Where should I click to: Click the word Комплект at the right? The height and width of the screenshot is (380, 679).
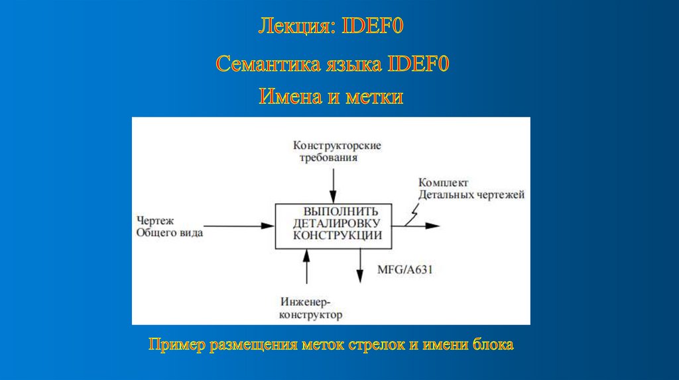click(443, 182)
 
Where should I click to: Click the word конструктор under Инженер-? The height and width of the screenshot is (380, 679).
click(310, 315)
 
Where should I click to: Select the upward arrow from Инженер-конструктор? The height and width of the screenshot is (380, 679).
click(306, 265)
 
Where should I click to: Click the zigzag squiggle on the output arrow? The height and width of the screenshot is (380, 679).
click(412, 214)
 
